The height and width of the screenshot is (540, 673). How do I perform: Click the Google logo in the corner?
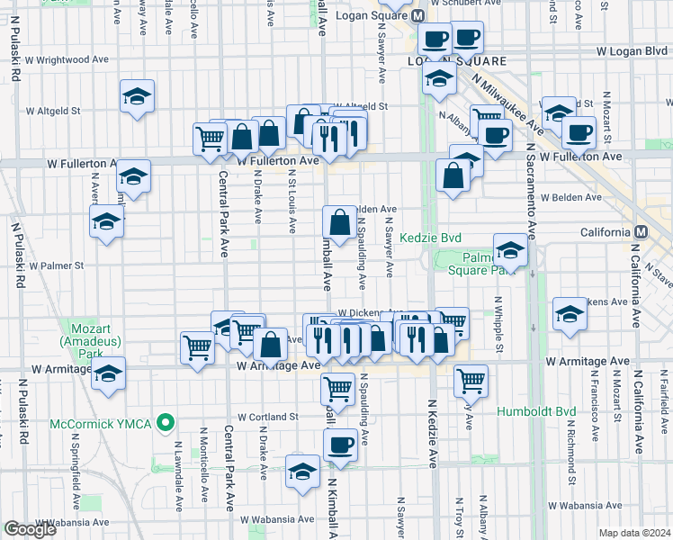coord(30,529)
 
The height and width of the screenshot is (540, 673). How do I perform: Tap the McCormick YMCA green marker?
coord(165,421)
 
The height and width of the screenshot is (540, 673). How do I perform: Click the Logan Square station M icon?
coord(417,16)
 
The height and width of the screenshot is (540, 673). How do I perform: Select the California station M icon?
coord(640,232)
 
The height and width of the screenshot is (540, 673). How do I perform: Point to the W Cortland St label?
coord(268,417)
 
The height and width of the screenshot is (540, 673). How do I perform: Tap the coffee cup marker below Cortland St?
coord(340,444)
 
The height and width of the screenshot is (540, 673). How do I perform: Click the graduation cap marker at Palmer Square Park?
coord(510,249)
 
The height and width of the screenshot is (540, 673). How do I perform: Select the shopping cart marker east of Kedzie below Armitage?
coord(471,380)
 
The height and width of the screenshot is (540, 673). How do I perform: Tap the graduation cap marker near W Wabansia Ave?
coord(302,471)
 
